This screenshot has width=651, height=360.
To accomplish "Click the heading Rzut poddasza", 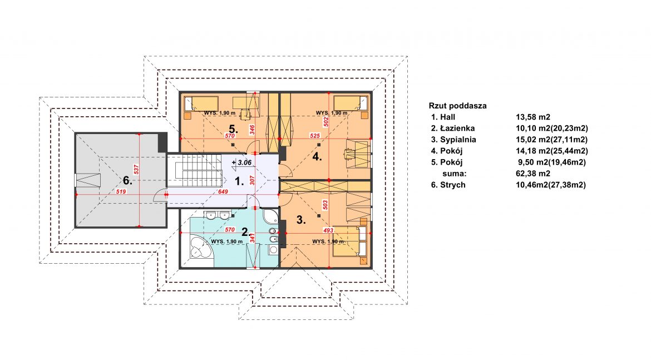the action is (457, 106).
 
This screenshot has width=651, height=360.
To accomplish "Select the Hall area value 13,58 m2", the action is (533, 117).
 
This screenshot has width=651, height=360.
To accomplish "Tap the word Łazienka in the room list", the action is (457, 129).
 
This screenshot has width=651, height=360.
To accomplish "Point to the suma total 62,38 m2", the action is (533, 174).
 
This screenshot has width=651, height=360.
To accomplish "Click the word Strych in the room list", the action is (452, 185).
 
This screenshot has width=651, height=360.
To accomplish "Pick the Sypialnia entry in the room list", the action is (458, 140).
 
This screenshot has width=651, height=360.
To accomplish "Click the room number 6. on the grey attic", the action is (127, 180).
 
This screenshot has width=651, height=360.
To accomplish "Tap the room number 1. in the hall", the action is (240, 181).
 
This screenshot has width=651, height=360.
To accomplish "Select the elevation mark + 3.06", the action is (241, 162).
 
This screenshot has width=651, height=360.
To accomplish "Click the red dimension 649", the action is (223, 192).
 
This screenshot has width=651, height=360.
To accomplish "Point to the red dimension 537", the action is (136, 169).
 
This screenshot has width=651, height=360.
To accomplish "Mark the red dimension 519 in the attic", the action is (121, 192).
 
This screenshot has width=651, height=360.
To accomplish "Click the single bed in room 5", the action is (201, 102).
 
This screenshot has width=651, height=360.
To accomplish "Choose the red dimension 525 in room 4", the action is (315, 136).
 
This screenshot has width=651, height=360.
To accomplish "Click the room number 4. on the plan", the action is (317, 156).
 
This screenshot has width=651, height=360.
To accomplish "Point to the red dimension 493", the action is (328, 230).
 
